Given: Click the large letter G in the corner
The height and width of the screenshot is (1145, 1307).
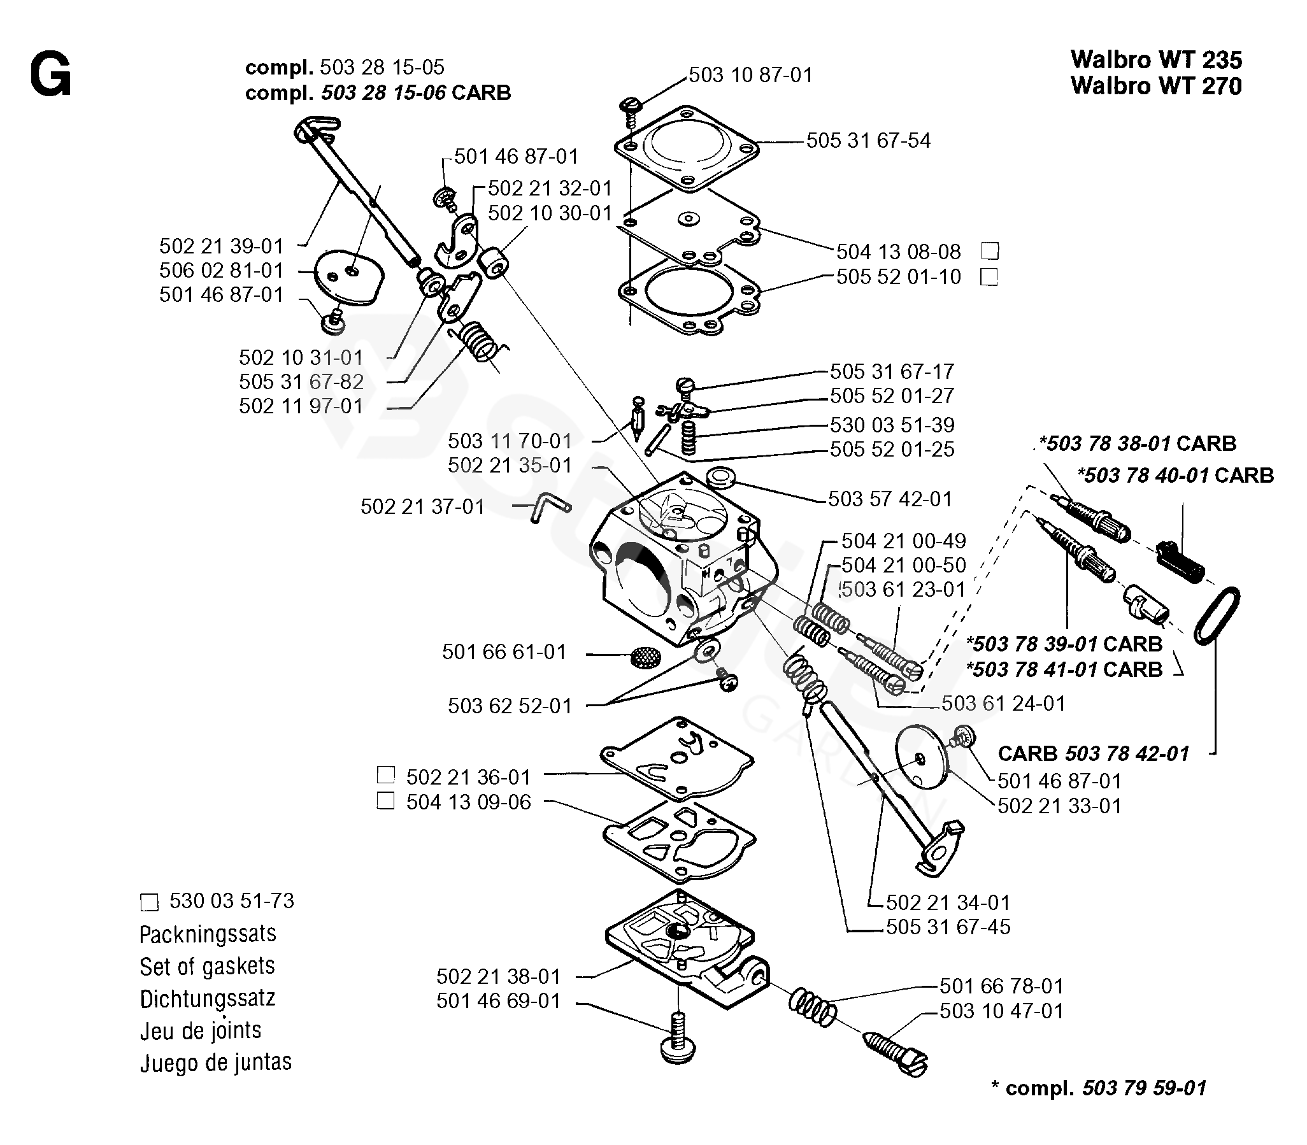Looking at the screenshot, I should click(x=50, y=75).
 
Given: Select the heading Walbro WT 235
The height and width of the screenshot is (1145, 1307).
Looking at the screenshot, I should click(x=1155, y=59).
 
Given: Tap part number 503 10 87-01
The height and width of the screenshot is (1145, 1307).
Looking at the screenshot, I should click(x=750, y=75).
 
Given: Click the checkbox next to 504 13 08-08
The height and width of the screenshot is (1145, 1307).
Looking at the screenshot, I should click(x=990, y=251).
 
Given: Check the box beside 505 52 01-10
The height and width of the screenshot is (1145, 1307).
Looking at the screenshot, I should click(x=989, y=277).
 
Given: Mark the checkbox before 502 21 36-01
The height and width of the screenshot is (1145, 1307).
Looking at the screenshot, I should click(x=386, y=775).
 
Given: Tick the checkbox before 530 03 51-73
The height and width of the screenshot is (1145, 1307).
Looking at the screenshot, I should click(x=149, y=902).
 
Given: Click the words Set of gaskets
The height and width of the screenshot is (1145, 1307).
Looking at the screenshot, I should click(x=207, y=966).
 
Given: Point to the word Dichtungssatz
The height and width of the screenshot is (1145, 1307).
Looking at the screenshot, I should click(x=207, y=998).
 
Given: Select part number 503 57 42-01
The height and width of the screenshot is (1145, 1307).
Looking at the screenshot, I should click(x=890, y=499).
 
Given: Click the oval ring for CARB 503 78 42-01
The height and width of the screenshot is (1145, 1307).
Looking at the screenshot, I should click(x=1217, y=616).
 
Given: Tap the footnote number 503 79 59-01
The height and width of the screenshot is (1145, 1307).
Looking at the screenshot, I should click(x=1143, y=1088).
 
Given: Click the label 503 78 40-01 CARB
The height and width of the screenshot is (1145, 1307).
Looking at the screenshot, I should click(x=1175, y=475).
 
